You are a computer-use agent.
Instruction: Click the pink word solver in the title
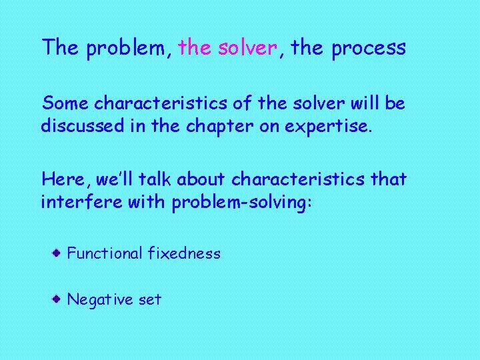click(x=247, y=48)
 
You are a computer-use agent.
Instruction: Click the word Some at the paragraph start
click(x=65, y=104)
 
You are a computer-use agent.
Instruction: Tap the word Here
click(x=64, y=179)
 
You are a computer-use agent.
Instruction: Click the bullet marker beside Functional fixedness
click(x=59, y=253)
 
